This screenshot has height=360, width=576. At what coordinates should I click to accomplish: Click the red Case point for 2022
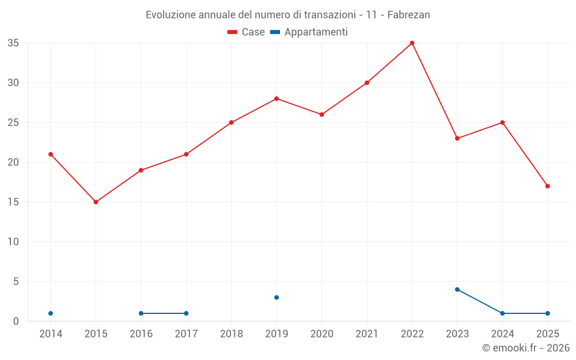412,43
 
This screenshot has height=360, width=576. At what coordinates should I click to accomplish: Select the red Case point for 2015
96,202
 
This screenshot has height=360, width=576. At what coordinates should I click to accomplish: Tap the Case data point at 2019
276,98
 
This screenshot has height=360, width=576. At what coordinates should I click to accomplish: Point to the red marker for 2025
547,186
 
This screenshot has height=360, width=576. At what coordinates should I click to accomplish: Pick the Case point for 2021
367,83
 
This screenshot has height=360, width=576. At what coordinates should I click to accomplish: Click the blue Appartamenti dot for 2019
276,297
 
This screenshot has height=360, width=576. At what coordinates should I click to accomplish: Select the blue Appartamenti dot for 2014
51,313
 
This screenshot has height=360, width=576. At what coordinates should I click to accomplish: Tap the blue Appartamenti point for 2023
457,289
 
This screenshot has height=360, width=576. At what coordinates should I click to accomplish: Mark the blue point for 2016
141,313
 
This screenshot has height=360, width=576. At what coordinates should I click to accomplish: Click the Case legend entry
247,32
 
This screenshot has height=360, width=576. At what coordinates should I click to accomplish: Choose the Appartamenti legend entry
309,32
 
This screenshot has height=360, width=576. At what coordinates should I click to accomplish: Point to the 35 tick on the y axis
13,43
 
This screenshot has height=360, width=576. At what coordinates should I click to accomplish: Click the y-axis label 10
13,242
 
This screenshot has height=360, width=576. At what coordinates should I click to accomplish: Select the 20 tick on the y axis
13,162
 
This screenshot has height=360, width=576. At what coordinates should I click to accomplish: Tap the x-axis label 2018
232,334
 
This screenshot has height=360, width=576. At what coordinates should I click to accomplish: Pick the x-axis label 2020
322,334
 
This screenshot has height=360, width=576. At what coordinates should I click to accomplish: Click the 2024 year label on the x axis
502,334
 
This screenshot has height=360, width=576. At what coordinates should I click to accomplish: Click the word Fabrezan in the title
408,15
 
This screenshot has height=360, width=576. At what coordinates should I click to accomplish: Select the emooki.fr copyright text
525,348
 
